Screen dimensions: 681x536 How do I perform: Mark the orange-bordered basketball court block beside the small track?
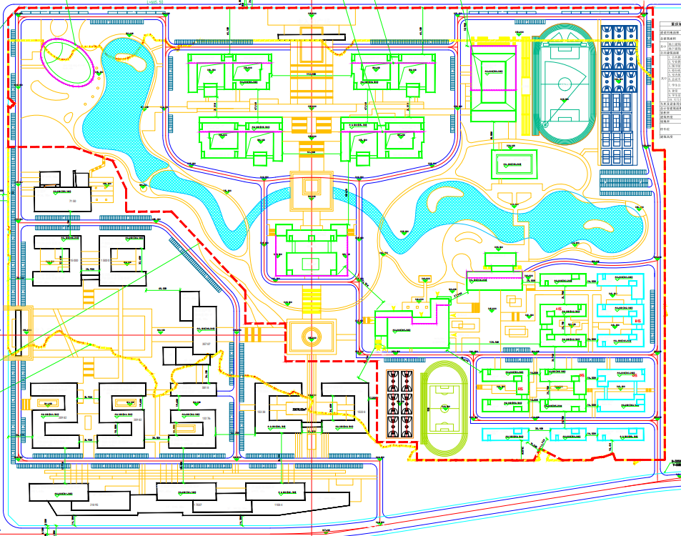click(x=394, y=404)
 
